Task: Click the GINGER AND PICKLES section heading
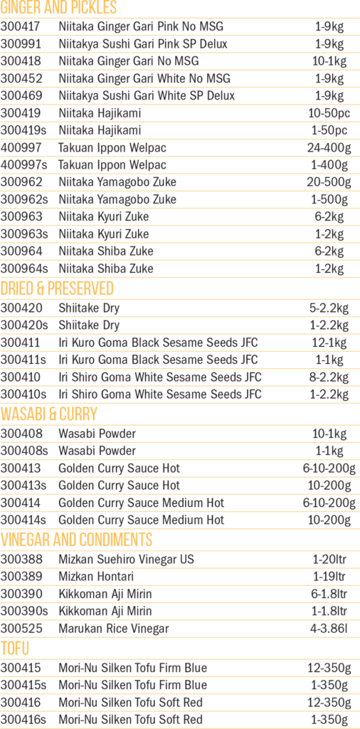(58, 7)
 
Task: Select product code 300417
(21, 26)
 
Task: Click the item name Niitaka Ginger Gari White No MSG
(144, 78)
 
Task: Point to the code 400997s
(23, 165)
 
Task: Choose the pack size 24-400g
(329, 148)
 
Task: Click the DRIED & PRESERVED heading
(57, 289)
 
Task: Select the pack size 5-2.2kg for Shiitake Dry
(329, 308)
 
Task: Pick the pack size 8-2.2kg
(329, 377)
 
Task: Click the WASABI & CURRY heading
(49, 414)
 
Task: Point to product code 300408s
(23, 451)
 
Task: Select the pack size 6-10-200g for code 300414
(329, 503)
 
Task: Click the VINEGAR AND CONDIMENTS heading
(76, 540)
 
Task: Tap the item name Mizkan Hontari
(96, 577)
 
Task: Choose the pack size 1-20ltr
(329, 560)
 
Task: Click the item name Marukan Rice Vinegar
(113, 629)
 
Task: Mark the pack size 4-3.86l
(329, 629)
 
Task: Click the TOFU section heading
(15, 648)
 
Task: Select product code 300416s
(23, 720)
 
